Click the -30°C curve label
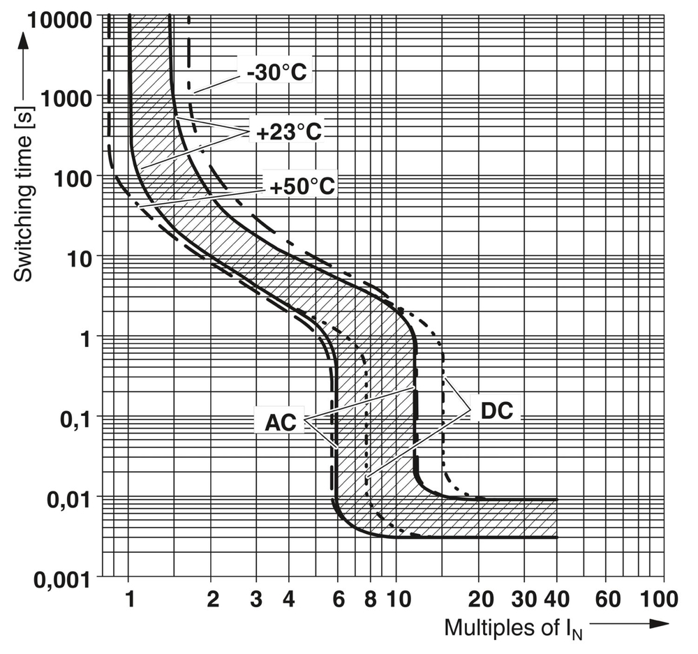(x=276, y=72)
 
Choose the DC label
(x=497, y=410)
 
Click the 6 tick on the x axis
(x=338, y=598)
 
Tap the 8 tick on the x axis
(x=371, y=598)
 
